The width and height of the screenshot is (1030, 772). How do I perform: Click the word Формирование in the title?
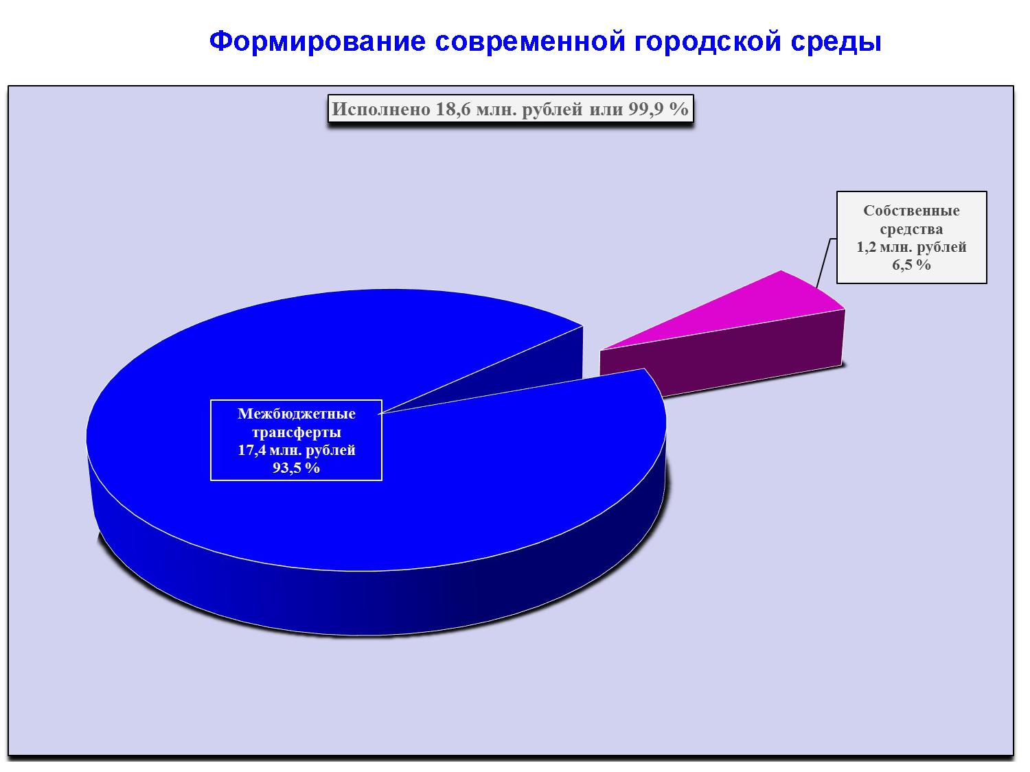(317, 41)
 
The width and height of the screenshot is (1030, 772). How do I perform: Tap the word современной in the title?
(530, 41)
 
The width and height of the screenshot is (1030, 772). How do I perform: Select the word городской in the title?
(708, 43)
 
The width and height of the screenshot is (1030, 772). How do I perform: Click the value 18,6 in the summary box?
(454, 109)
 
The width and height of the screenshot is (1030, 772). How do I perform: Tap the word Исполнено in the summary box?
(381, 109)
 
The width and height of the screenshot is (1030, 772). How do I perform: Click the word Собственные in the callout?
(911, 211)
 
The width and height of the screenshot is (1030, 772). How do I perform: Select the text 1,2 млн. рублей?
(911, 246)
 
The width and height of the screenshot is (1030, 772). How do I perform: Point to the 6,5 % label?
(911, 265)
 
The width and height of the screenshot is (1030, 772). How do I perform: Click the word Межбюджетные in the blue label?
(297, 413)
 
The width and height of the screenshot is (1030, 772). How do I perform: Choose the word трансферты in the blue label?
(297, 432)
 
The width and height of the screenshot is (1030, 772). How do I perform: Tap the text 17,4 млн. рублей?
(297, 450)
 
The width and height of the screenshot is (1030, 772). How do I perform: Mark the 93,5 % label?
(297, 468)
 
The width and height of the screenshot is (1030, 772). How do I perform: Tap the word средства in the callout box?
(911, 229)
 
